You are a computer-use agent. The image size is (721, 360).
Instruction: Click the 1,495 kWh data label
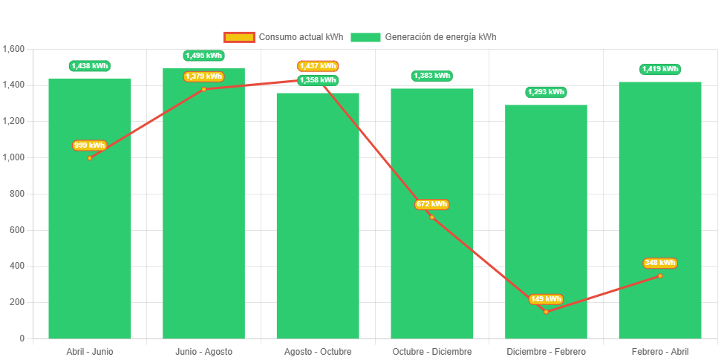(203, 56)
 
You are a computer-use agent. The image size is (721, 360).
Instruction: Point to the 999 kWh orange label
(89, 145)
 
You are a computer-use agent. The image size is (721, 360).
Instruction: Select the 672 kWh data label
(431, 204)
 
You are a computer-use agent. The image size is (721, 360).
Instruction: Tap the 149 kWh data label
(546, 299)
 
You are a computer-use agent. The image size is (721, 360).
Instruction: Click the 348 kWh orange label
(660, 263)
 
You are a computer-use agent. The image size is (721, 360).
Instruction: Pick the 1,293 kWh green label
(546, 92)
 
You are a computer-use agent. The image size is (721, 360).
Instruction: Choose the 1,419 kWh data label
(660, 69)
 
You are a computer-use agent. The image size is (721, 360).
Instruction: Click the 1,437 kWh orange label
(318, 66)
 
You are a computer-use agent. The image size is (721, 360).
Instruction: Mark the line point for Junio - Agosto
(203, 89)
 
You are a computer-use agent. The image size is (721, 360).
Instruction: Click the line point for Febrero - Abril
(660, 275)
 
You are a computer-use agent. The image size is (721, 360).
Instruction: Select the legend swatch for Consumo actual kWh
(238, 37)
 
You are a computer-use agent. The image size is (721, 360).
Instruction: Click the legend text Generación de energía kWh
(440, 37)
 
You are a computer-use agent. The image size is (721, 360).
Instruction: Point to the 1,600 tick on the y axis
(13, 49)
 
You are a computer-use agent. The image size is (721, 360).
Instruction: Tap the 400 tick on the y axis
(16, 266)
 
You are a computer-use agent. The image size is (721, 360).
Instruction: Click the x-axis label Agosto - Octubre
(318, 351)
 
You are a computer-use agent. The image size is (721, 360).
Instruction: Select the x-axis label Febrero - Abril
(660, 351)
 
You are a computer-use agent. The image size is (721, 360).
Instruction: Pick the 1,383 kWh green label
(431, 76)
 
